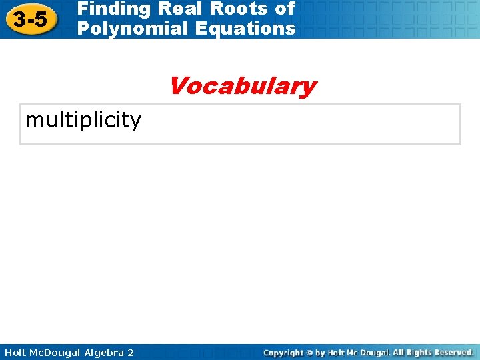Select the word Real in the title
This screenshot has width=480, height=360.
pos(178,9)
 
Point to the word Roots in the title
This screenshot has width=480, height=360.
pos(239,9)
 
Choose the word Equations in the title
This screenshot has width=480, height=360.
pos(244,28)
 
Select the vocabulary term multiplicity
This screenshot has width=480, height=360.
pos(83,121)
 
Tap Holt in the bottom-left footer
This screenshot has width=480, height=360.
pos(15,352)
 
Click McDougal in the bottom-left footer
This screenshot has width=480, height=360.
pos(59,352)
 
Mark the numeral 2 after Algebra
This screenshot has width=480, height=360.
pos(131,352)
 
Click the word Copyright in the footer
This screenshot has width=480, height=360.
pos(284,352)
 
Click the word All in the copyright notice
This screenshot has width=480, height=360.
pos(399,352)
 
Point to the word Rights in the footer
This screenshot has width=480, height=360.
pos(421,352)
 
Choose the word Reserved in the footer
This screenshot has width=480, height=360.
pos(455,352)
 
